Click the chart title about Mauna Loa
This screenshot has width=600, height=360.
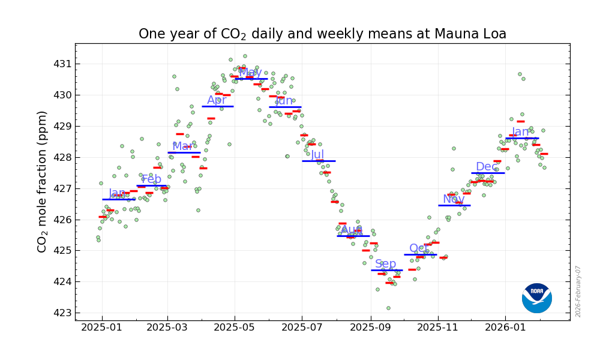322,34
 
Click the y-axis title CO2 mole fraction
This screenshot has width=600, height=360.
43,181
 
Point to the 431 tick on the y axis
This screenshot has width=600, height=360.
62,64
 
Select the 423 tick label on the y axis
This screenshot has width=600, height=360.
62,313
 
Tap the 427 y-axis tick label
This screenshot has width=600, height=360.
62,188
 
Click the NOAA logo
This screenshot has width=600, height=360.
537,298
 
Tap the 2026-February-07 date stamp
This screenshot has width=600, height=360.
578,291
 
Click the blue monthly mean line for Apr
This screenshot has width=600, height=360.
218,106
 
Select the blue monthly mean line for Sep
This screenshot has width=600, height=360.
386,270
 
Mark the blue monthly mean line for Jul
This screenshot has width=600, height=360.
319,161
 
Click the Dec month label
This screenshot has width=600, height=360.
486,167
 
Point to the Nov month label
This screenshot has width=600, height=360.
454,199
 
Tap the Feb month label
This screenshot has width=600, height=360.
151,179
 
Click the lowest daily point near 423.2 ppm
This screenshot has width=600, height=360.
388,308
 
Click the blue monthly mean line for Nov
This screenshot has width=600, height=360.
454,205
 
